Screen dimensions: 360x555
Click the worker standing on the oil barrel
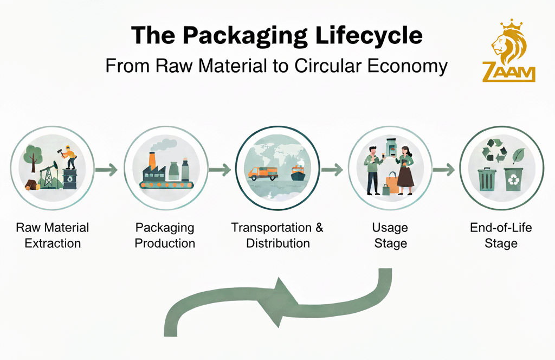pos(69,157)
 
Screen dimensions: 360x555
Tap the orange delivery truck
pos(262,173)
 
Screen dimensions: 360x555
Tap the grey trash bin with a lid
pos(486,178)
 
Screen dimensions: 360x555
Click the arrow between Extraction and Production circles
pos(106,170)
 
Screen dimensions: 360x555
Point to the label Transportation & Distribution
pos(277,235)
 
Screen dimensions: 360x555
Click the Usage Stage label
pos(390,235)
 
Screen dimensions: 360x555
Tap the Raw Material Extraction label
pos(53,235)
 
